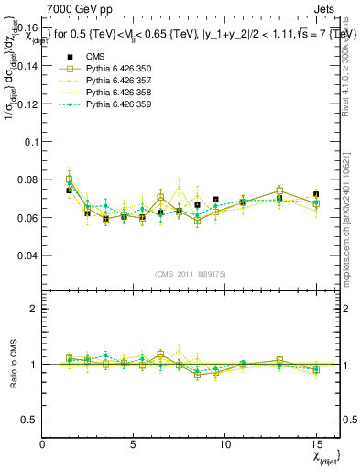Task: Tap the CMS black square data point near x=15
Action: (x=316, y=194)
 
